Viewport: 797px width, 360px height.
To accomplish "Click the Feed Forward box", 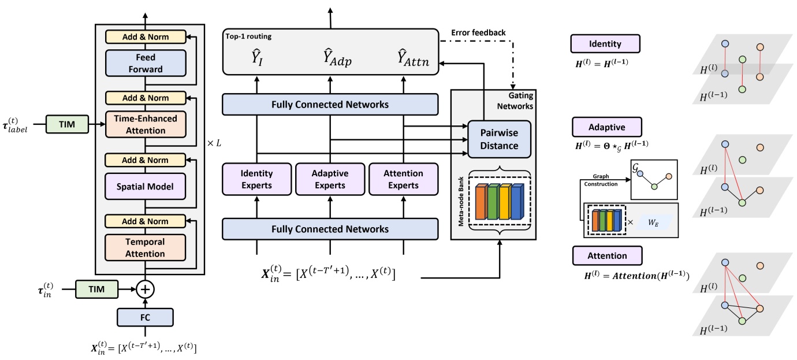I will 145,63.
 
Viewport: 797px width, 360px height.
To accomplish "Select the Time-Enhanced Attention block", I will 145,124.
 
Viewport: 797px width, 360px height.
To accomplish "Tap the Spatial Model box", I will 145,186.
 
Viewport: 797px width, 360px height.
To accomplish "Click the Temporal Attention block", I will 145,248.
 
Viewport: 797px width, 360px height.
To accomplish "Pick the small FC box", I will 145,317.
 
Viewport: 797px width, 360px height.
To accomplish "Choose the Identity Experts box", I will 257,179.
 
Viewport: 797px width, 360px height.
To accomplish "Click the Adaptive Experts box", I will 330,179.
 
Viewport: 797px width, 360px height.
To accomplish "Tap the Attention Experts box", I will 403,179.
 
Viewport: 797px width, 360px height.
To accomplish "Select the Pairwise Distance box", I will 499,139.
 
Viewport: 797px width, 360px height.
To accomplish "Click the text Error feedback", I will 478,32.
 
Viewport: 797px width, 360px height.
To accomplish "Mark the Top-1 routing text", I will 249,36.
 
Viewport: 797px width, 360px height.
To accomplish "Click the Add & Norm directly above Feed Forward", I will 145,36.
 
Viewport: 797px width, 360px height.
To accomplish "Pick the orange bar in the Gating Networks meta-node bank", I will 479,201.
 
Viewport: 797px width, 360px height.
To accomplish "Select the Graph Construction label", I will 605,180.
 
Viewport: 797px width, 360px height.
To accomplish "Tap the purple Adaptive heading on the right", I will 606,126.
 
